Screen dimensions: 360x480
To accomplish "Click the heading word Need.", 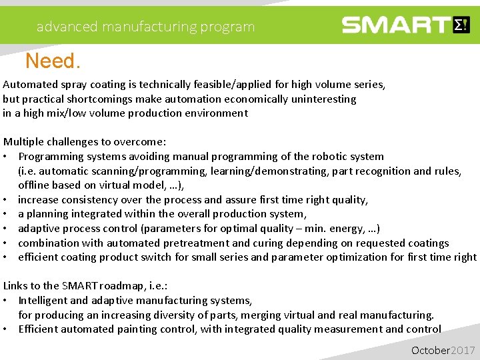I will [x=53, y=62].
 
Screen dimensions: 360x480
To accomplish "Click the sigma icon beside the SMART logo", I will [x=461, y=25].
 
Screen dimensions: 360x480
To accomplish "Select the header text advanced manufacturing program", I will [x=145, y=27].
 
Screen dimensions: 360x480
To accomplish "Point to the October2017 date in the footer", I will [x=443, y=350].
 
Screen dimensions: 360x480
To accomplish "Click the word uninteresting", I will [x=321, y=99].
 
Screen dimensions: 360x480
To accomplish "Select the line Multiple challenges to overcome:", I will [x=85, y=142].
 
